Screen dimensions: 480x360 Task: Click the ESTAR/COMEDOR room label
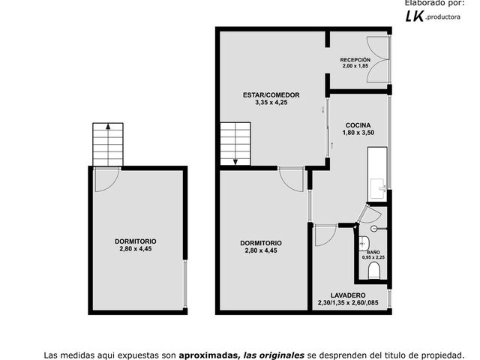tap(271, 95)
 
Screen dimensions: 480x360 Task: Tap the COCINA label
tap(358, 125)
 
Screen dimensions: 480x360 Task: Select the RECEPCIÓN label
tap(355, 60)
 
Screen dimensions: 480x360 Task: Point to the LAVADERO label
tap(348, 295)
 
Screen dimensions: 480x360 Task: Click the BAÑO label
tap(373, 252)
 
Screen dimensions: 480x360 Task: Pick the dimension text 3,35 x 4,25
tap(271, 103)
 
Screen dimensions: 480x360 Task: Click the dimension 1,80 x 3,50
tap(358, 133)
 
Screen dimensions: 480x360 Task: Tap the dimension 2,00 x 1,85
tap(355, 66)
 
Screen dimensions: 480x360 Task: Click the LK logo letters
tap(415, 16)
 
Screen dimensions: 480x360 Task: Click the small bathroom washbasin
tap(364, 243)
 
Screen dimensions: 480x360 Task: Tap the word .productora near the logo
tap(442, 17)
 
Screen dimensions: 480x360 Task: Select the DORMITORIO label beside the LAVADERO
tap(261, 243)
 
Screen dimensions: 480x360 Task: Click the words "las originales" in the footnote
tap(274, 355)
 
